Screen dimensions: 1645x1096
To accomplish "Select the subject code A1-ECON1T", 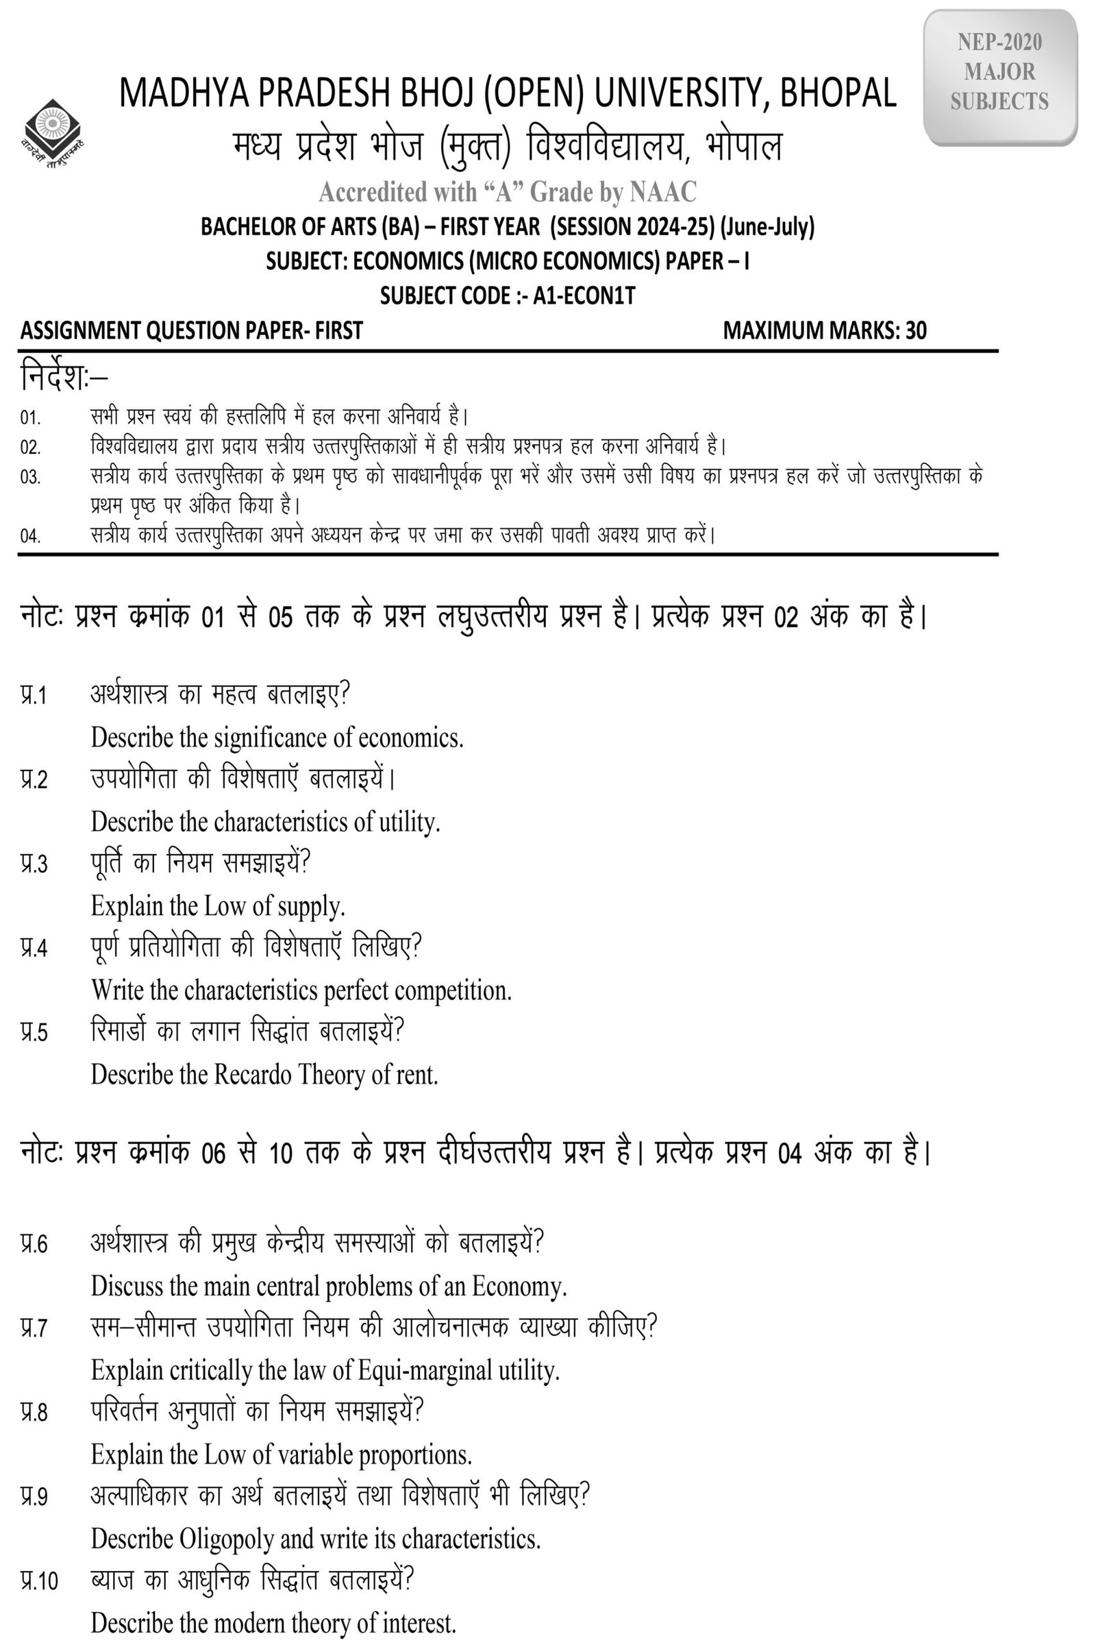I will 584,296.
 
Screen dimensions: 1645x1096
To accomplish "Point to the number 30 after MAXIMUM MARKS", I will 916,331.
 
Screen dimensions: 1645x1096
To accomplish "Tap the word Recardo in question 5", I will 252,1074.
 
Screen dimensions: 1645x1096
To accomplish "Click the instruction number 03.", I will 30,478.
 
